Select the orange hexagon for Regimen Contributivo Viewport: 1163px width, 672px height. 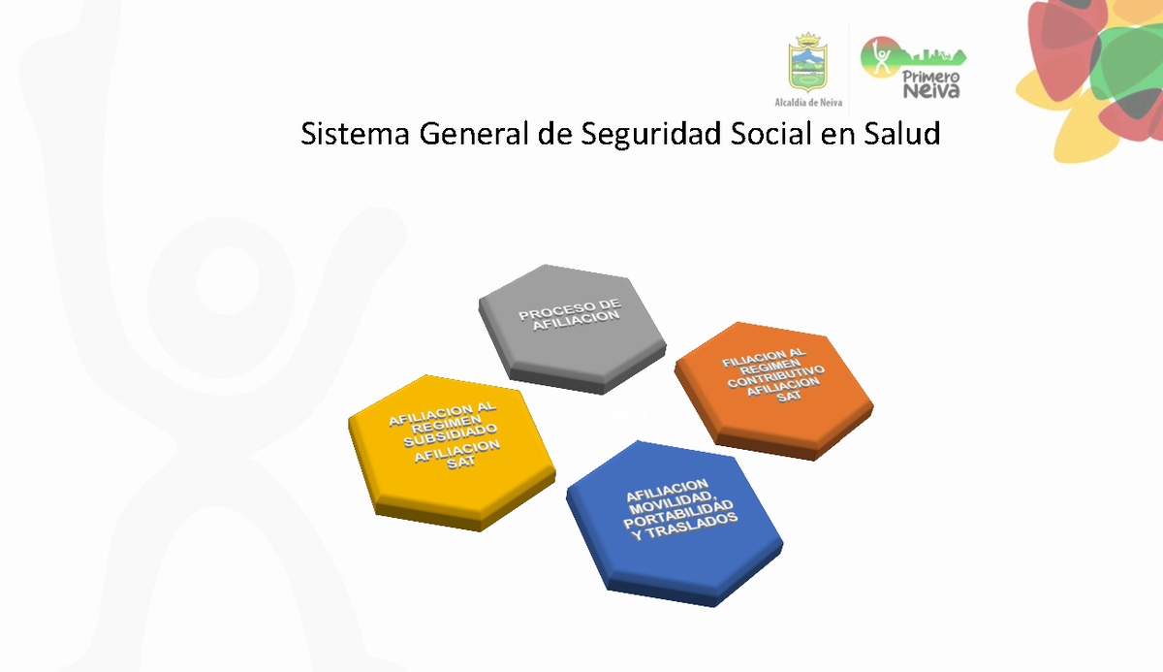point(772,388)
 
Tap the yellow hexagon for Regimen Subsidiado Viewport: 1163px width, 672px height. point(450,451)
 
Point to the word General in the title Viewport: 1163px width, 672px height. point(474,134)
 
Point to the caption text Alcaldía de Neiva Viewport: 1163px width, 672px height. point(808,101)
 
